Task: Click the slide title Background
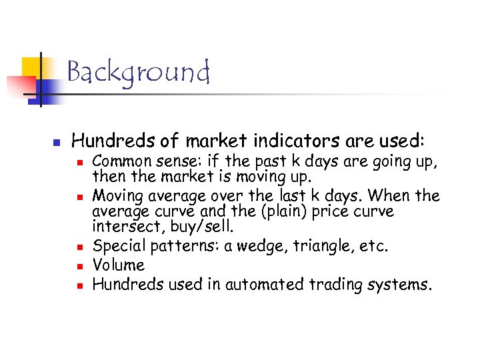(x=138, y=72)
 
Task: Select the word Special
(x=119, y=246)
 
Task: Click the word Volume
(x=119, y=265)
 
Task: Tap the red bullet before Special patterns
(x=79, y=247)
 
